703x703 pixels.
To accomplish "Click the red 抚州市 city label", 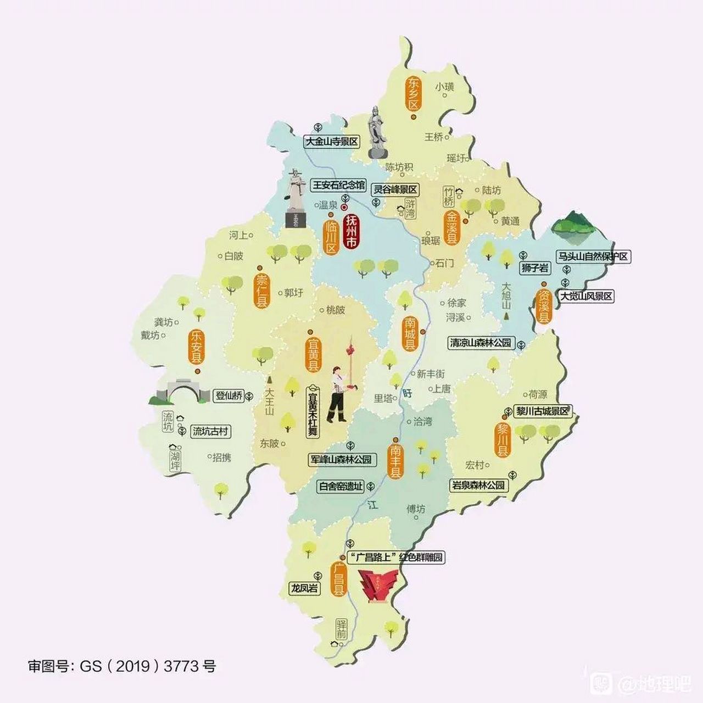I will (351, 232).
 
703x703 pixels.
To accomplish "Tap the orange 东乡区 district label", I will (413, 93).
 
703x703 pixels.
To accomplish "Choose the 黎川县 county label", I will (503, 439).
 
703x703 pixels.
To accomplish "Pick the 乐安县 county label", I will (196, 347).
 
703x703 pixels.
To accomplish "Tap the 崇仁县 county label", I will (262, 291).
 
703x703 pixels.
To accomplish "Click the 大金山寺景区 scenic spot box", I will (332, 141).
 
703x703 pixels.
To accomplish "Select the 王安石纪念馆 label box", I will (338, 185).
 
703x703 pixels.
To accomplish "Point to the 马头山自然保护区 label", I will (593, 256).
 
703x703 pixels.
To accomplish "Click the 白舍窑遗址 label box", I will (342, 486).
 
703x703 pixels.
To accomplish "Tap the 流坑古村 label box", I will (210, 432).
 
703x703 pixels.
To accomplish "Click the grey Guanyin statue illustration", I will (376, 133).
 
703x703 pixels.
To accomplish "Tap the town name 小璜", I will (445, 87).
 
